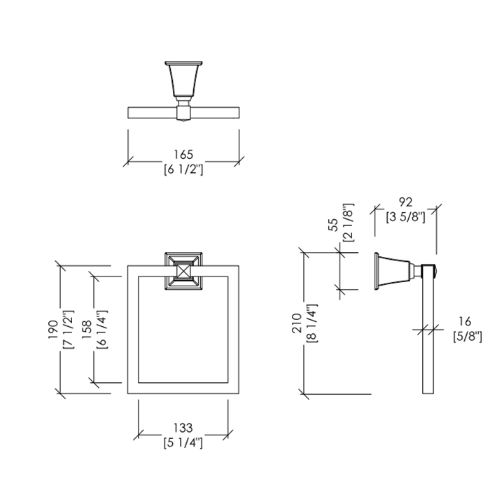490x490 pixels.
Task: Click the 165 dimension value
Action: [x=183, y=155]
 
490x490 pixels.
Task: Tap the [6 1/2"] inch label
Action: [x=183, y=169]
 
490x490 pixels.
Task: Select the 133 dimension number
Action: [x=183, y=428]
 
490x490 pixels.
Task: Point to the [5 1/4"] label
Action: [x=183, y=442]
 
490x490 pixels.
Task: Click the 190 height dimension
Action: [x=53, y=330]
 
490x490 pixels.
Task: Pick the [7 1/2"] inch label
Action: [x=69, y=330]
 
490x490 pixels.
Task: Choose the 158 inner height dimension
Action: [x=87, y=330]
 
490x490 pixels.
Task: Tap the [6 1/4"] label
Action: [x=102, y=330]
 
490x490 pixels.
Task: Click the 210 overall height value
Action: [x=297, y=323]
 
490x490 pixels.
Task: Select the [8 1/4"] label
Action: [x=312, y=323]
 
